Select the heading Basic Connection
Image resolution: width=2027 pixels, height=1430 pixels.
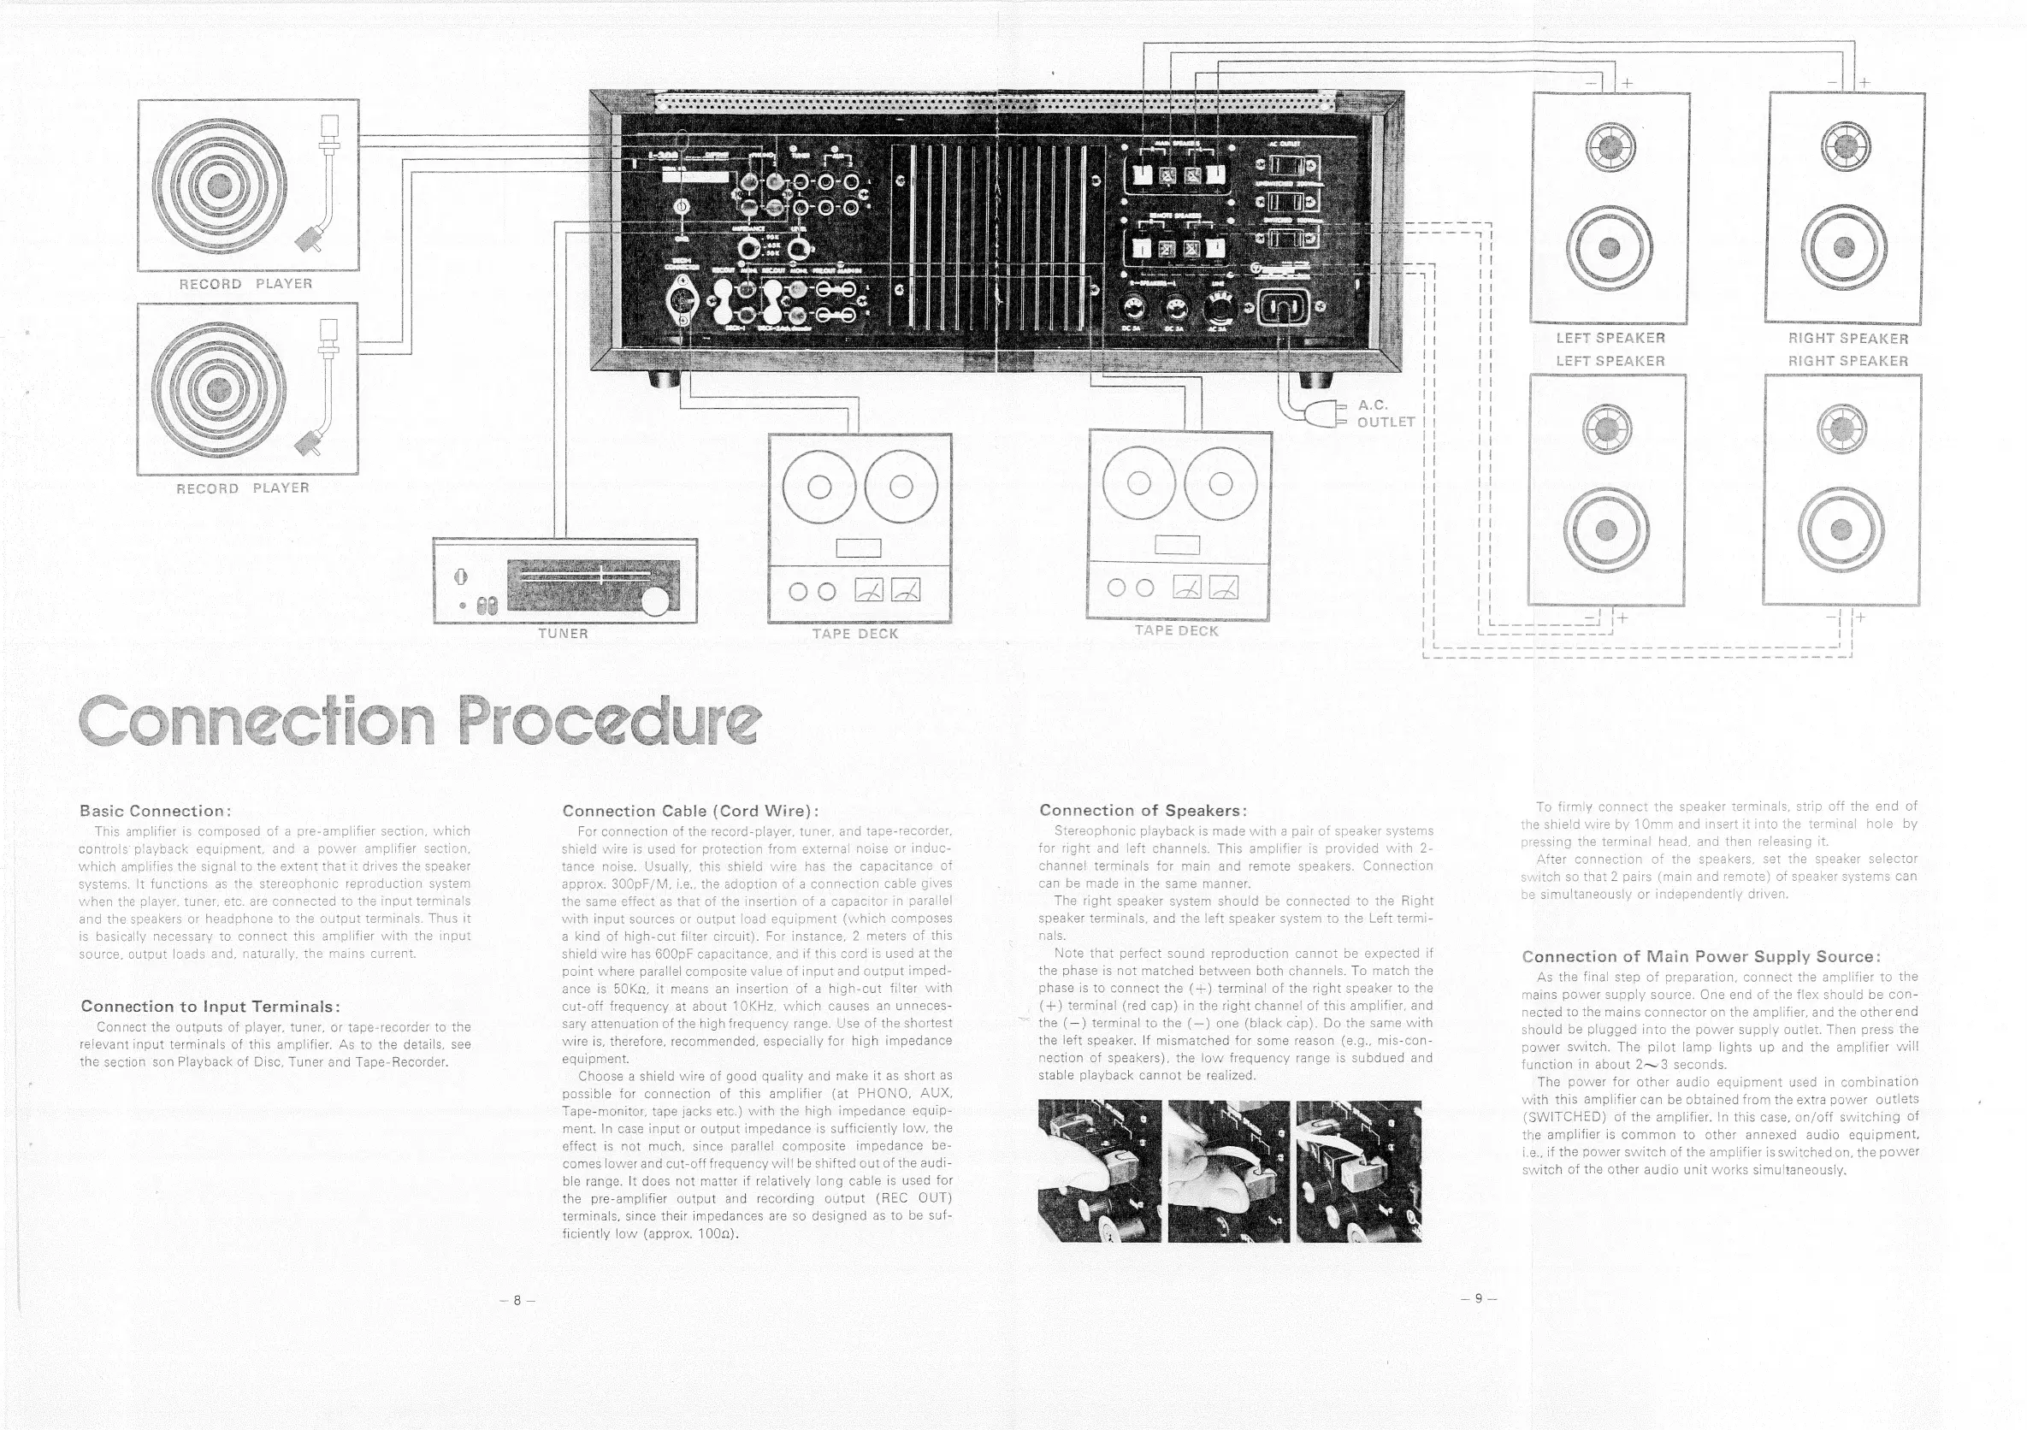156,810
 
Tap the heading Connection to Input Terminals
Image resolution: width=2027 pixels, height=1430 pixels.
210,1007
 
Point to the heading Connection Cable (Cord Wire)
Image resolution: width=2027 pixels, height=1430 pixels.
690,810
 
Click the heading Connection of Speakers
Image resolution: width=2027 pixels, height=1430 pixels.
1143,810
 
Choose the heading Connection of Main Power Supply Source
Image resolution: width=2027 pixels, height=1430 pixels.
1700,956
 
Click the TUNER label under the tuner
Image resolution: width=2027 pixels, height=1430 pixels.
564,633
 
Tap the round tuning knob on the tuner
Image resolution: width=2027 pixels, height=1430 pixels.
655,602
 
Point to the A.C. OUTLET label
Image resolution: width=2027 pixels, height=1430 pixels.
1386,413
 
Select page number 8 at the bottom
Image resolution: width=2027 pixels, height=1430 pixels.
517,1299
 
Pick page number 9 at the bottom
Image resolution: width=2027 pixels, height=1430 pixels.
1480,1297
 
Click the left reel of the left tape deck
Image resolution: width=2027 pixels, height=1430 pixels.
818,487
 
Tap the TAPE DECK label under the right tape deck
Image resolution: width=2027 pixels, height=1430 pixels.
1176,630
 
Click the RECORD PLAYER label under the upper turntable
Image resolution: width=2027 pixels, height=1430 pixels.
245,283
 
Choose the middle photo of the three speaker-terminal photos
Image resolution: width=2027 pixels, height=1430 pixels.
1228,1171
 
